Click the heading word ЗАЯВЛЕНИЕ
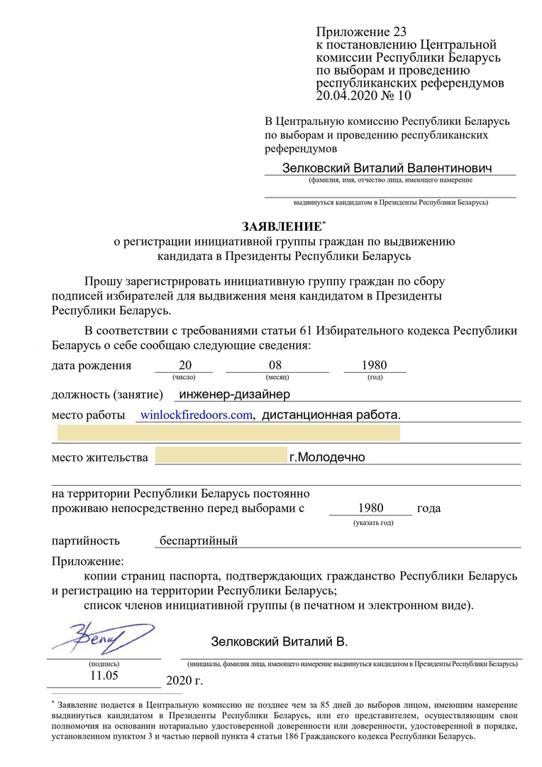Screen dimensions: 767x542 point(282,227)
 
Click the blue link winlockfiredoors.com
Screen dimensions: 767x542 point(197,415)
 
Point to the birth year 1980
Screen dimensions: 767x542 point(374,366)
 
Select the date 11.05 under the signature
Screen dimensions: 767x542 point(104,675)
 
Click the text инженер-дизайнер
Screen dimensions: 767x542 point(235,394)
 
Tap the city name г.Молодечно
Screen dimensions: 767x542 point(327,457)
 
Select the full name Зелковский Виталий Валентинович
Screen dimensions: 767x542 point(387,168)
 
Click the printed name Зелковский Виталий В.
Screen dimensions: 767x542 point(280,642)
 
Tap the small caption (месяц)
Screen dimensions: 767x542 point(277,377)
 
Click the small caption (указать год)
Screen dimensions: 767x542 point(373,523)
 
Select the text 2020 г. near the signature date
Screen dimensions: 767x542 point(184,681)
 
